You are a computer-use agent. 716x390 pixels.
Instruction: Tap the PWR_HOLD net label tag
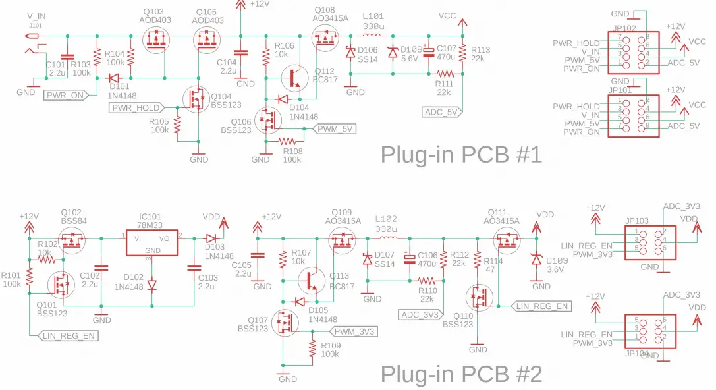coord(134,108)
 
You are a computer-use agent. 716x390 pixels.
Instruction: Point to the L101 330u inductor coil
coord(373,36)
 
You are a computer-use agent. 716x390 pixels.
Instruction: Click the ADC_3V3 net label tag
coord(420,315)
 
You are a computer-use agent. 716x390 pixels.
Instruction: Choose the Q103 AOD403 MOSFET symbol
coord(157,43)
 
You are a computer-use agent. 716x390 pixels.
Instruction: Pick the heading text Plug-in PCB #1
coord(461,155)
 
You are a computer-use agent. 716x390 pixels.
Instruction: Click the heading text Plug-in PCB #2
coord(461,374)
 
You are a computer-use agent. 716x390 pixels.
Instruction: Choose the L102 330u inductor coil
coord(385,238)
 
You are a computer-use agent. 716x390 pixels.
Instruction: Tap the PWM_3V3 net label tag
coord(354,331)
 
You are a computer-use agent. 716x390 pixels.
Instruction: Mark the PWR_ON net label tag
coord(66,95)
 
